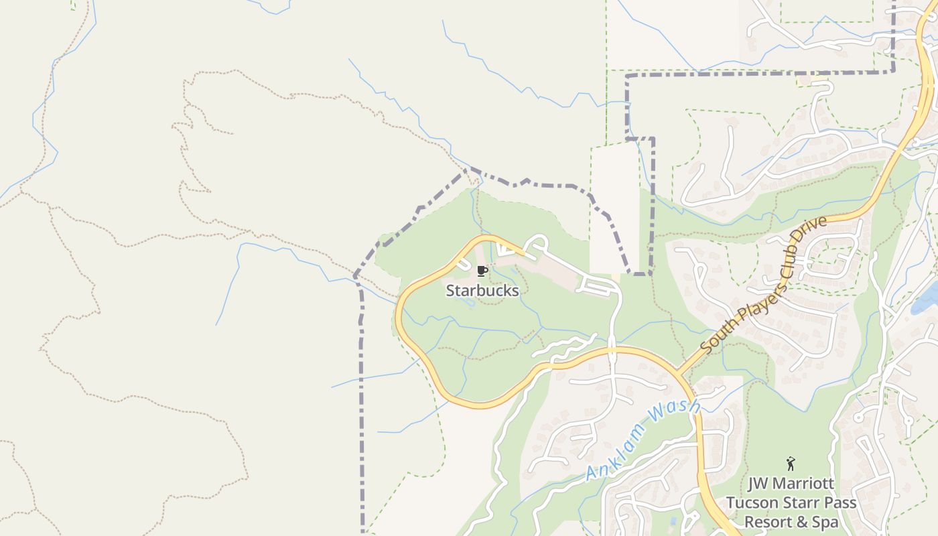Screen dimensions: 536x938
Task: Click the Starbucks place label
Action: (x=482, y=291)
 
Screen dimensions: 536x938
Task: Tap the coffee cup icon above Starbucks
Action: (x=481, y=271)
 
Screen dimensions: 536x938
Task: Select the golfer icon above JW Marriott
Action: (x=791, y=463)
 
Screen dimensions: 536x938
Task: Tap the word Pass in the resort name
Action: (x=837, y=503)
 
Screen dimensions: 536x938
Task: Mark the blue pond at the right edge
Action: (x=927, y=299)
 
